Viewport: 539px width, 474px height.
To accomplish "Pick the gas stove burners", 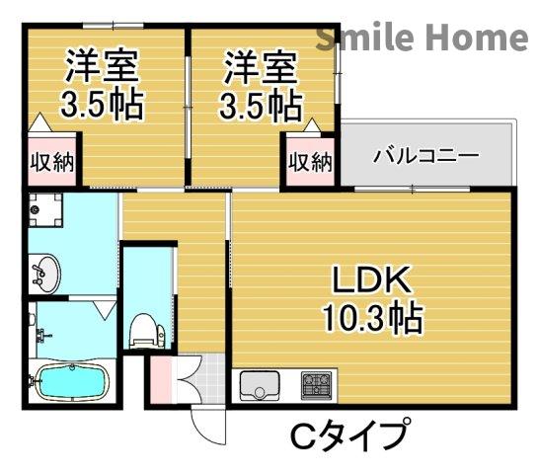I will (317, 383).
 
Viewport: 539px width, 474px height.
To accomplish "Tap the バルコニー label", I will (425, 156).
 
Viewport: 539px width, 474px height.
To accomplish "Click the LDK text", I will (370, 281).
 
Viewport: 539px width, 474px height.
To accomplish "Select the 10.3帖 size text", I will (370, 318).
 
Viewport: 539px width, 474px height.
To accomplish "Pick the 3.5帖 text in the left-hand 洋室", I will (103, 104).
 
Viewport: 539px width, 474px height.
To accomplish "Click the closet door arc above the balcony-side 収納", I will (310, 129).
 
